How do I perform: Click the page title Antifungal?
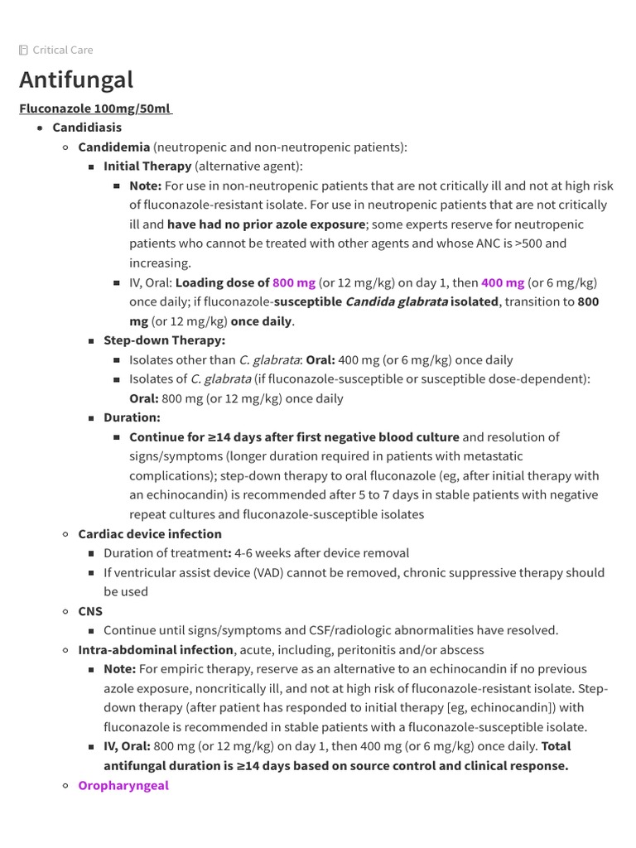pos(75,80)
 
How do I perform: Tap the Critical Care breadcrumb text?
pos(63,50)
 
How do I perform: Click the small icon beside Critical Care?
pos(23,50)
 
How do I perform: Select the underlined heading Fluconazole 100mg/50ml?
pos(95,108)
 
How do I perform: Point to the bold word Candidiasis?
pos(87,128)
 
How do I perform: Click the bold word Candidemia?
pos(113,147)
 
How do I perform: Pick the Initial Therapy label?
pos(147,166)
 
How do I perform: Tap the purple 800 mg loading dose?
pos(293,282)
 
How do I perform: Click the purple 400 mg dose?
pos(503,282)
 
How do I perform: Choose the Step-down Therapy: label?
pos(164,340)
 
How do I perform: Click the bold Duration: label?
pos(132,417)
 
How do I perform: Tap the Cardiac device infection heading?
pos(150,534)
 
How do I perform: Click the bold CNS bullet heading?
pos(90,611)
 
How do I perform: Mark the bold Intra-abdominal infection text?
pos(156,650)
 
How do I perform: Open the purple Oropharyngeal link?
pos(123,785)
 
